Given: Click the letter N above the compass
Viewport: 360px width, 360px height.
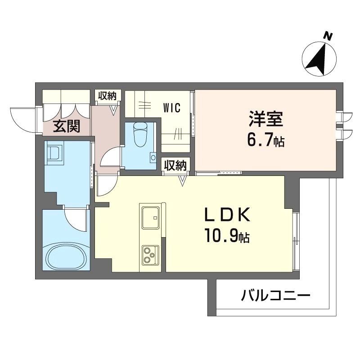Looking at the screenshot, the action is click(328, 36).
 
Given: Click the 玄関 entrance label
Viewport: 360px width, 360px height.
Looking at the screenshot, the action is click(66, 126).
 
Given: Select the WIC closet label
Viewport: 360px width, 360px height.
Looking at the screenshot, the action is click(172, 108).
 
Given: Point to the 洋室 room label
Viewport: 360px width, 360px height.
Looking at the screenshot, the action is click(266, 119).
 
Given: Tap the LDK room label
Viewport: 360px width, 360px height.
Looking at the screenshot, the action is click(227, 215).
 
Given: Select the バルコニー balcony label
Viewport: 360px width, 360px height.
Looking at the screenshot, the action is click(275, 295).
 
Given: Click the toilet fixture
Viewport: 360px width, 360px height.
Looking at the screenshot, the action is click(140, 134).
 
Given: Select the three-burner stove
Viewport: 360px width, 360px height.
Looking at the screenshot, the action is click(150, 255).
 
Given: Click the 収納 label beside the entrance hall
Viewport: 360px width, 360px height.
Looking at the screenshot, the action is click(108, 96).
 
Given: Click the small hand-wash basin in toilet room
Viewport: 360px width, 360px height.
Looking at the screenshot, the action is click(153, 157).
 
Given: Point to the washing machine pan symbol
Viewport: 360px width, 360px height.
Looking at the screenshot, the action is click(54, 153).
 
